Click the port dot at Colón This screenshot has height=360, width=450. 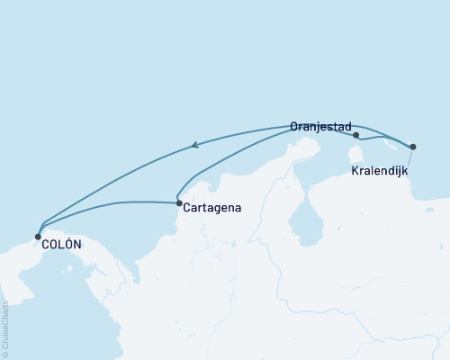click(38, 238)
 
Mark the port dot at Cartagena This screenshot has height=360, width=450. click(179, 203)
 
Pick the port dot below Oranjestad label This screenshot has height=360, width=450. click(357, 135)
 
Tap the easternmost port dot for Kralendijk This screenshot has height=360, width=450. click(413, 146)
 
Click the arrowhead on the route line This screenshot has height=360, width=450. click(196, 144)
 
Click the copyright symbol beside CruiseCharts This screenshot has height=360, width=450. click(5, 354)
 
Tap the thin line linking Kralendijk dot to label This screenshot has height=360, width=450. click(409, 157)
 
